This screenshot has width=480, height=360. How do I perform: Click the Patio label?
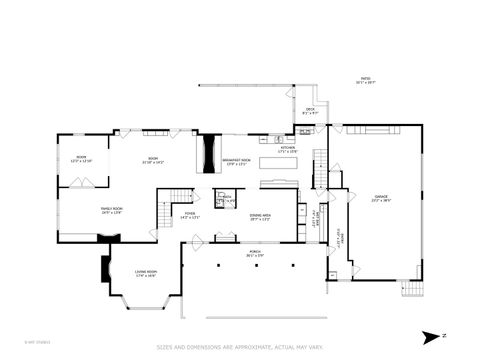pyautogui.click(x=365, y=82)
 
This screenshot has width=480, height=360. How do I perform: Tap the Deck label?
pyautogui.click(x=309, y=111)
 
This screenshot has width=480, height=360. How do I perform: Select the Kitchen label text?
pyautogui.click(x=288, y=149)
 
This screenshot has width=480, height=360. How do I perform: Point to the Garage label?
pyautogui.click(x=380, y=197)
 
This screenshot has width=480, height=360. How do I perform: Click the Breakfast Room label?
pyautogui.click(x=235, y=162)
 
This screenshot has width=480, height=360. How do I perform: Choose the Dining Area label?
pyautogui.click(x=260, y=215)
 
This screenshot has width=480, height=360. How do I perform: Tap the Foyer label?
pyautogui.click(x=189, y=214)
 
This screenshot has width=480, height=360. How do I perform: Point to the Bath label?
pyautogui.click(x=228, y=198)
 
